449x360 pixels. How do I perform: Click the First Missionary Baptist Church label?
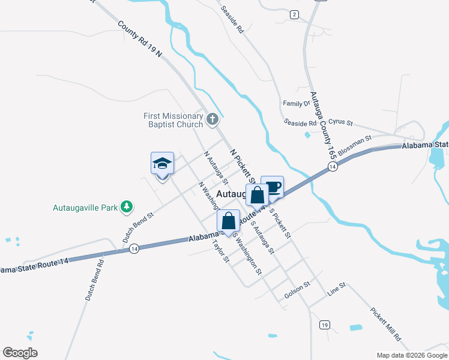(x=173, y=120)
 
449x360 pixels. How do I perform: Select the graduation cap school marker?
(x=162, y=163)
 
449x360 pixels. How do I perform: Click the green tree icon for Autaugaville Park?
(x=126, y=207)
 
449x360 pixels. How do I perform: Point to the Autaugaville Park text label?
(x=85, y=208)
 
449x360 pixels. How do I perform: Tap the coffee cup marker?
(x=273, y=187)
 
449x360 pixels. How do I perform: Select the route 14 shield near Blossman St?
(x=332, y=167)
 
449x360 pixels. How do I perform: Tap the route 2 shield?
(x=294, y=14)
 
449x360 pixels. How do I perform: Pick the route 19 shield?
(x=324, y=325)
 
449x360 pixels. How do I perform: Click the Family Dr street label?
(x=297, y=103)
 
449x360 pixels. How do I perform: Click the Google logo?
(x=20, y=353)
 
